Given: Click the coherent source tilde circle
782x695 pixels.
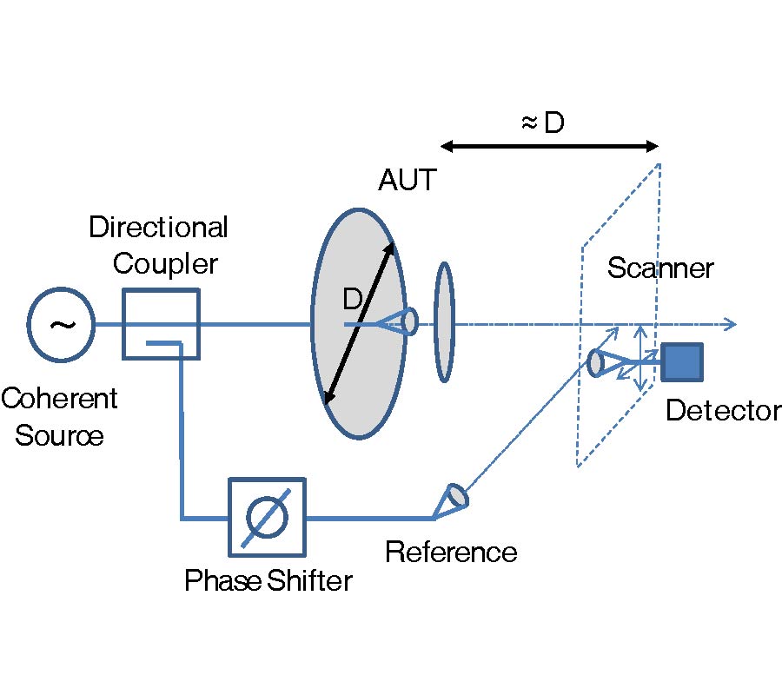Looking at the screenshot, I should (61, 325).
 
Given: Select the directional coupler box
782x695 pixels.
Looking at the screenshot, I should (162, 325).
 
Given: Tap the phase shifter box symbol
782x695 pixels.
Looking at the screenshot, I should (267, 517).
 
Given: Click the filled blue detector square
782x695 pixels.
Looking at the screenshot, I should (682, 362).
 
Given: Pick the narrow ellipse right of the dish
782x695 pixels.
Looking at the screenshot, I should (444, 321).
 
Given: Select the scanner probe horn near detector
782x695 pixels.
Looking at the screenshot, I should (599, 362).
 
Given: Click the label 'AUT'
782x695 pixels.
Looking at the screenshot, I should (407, 181).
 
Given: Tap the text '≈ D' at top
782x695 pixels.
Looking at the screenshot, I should (542, 123).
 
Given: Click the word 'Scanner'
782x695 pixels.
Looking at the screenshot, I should (660, 268).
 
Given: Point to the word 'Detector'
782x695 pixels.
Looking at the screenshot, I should (723, 410).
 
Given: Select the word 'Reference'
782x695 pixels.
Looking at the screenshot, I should (451, 552).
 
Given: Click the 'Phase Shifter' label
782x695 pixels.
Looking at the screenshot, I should (268, 580).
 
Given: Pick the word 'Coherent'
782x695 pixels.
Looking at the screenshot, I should (59, 399).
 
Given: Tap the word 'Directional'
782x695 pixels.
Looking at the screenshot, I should (158, 228).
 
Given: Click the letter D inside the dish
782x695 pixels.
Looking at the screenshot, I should (352, 300).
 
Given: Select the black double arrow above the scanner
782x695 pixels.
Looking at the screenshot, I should (549, 147).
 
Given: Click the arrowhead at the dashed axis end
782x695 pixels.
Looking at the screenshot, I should (732, 325).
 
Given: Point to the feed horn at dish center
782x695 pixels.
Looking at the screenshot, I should (408, 322).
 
